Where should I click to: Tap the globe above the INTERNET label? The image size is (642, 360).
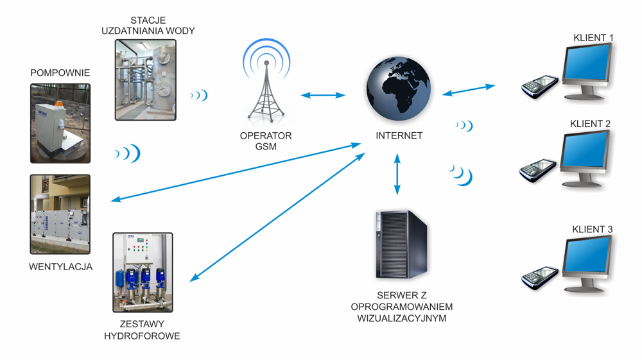[399, 89]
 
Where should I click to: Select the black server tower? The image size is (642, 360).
[401, 245]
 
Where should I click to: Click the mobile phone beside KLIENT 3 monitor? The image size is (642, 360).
[539, 277]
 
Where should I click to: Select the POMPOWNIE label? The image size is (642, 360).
[60, 73]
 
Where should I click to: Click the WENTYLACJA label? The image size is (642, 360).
[60, 267]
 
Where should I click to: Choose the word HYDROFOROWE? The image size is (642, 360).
[142, 336]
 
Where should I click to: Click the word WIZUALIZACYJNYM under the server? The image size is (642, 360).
[401, 318]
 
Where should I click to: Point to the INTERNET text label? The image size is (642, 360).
[399, 136]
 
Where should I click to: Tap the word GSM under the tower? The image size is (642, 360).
[266, 147]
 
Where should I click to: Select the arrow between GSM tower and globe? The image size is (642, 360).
[323, 96]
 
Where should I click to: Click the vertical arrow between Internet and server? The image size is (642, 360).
[397, 173]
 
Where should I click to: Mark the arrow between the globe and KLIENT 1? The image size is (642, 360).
[469, 90]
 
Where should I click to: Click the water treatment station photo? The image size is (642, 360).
[145, 80]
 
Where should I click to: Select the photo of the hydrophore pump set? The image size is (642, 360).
[143, 272]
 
